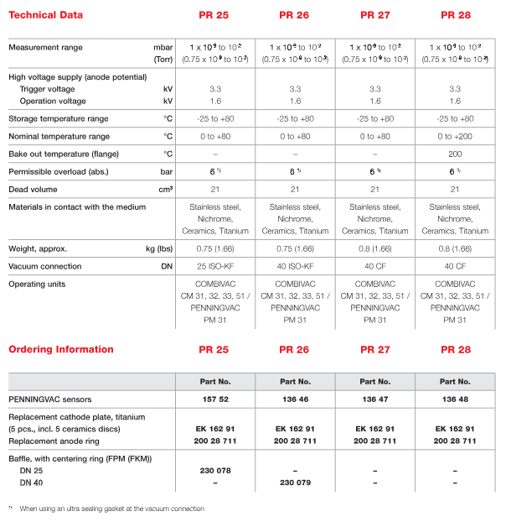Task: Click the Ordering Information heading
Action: tap(61, 349)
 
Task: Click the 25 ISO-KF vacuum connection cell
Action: tap(216, 266)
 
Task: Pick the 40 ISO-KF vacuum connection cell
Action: tap(296, 266)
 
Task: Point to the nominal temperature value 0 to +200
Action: tap(455, 136)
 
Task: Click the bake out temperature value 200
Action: tap(455, 154)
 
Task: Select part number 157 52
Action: tap(216, 398)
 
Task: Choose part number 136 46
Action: tap(296, 398)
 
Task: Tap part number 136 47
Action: tap(375, 398)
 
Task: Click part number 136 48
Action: tap(455, 398)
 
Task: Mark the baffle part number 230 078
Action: tap(216, 471)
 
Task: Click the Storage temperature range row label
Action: tap(59, 118)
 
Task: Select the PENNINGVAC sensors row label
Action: tap(49, 398)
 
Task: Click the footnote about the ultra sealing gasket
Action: tap(111, 509)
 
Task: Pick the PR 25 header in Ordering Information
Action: tap(216, 349)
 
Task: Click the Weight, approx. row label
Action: tap(38, 248)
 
